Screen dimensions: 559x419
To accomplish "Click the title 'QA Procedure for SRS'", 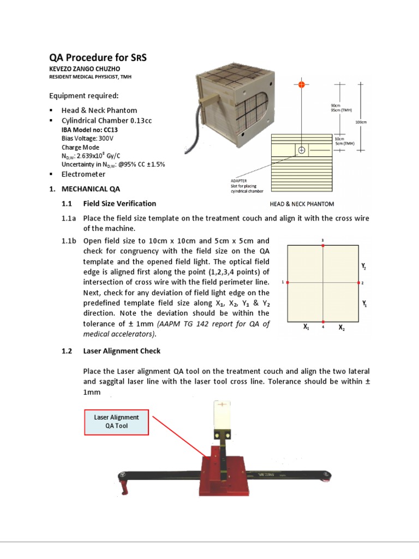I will pos(98,58).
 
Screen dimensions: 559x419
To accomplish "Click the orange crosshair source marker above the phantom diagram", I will pos(301,84).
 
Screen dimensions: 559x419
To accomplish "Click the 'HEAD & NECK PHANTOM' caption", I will pos(302,204).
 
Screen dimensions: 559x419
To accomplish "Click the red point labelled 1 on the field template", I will pos(288,282).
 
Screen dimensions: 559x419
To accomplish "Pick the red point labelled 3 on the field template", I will pos(323,246).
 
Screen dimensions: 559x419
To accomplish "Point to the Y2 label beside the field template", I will pos(363,267).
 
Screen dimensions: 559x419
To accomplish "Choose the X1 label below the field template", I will pos(307,328).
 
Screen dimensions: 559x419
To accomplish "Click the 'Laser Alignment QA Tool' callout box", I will pos(116,421).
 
